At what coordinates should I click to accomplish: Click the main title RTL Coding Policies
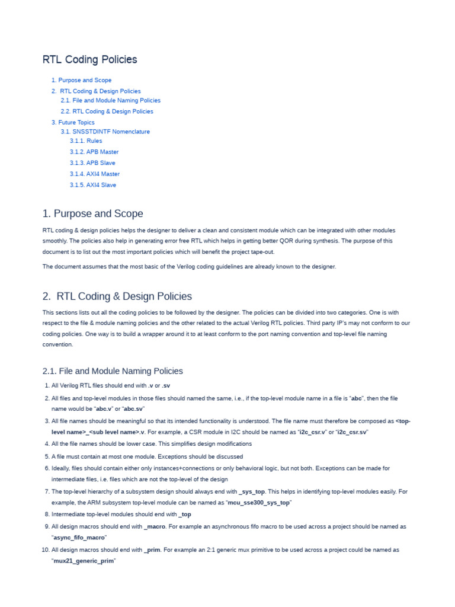click(x=89, y=60)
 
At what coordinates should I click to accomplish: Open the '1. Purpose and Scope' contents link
click(x=81, y=80)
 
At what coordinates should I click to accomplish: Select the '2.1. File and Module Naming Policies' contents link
click(x=110, y=100)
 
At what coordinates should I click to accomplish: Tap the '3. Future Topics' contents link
click(x=73, y=122)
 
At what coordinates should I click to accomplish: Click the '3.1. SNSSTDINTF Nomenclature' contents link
click(x=105, y=132)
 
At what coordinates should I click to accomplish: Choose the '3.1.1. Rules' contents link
click(x=86, y=141)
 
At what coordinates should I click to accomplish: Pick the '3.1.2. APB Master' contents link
click(x=94, y=152)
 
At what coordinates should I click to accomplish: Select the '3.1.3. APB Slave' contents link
click(x=92, y=163)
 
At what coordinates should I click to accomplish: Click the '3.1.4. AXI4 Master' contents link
click(x=95, y=174)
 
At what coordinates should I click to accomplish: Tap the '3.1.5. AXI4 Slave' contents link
click(x=93, y=185)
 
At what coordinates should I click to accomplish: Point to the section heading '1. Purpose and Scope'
click(x=92, y=213)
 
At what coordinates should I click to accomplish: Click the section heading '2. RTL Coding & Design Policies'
click(x=117, y=296)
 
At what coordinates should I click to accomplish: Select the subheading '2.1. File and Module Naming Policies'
click(x=113, y=371)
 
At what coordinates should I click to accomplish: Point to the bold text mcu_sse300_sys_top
click(x=259, y=503)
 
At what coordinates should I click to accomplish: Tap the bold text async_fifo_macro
click(x=79, y=537)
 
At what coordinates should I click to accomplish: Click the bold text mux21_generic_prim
click(x=82, y=561)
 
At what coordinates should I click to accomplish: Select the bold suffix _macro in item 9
click(x=155, y=526)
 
